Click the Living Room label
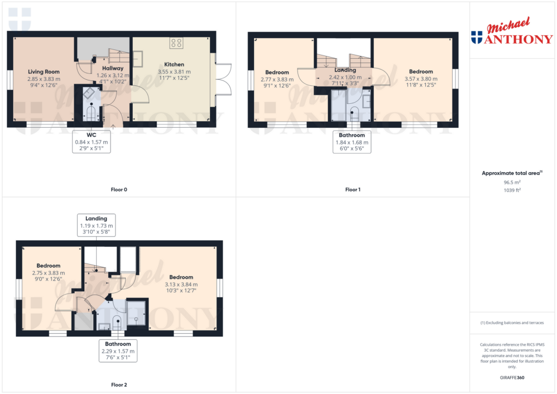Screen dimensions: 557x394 pyautogui.click(x=44, y=72)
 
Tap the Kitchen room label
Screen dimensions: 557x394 pyautogui.click(x=174, y=65)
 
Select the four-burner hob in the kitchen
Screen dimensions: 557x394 pyautogui.click(x=176, y=43)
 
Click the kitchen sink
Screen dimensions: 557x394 pyautogui.click(x=138, y=59)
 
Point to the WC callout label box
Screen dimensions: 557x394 pyautogui.click(x=91, y=142)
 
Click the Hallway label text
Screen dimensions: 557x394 pyautogui.click(x=113, y=68)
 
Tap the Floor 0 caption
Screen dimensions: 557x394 pyautogui.click(x=119, y=190)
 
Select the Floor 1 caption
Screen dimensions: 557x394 pyautogui.click(x=352, y=190)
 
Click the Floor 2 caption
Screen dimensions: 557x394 pyautogui.click(x=119, y=385)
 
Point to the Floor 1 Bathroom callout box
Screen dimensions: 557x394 pyautogui.click(x=352, y=142)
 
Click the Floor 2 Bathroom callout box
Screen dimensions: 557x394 pyautogui.click(x=118, y=351)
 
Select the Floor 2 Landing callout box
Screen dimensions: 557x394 pyautogui.click(x=96, y=225)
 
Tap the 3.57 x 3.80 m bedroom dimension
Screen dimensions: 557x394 pyautogui.click(x=421, y=79)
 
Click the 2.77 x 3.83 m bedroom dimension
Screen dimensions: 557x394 pyautogui.click(x=277, y=79)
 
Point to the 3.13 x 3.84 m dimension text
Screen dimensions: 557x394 pyautogui.click(x=181, y=284)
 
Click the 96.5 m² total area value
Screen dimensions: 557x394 pyautogui.click(x=512, y=182)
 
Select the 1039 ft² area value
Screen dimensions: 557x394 pyautogui.click(x=512, y=190)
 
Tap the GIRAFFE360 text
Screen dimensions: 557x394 pyautogui.click(x=512, y=378)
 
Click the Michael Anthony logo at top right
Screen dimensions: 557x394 pyautogui.click(x=512, y=31)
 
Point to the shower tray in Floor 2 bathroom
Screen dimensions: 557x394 pyautogui.click(x=136, y=313)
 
